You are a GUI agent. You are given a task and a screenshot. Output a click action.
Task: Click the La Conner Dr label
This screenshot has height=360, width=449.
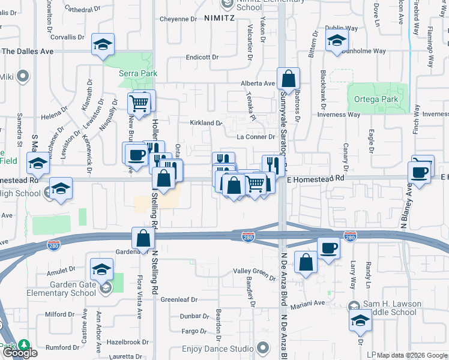coord(255,137)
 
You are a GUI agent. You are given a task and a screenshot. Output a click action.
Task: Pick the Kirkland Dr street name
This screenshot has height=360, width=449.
coord(206,123)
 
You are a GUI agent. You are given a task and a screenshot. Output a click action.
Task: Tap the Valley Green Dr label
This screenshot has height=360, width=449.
coord(254,271)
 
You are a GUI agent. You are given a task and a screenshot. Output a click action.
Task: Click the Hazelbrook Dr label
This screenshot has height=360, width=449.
coord(128,342)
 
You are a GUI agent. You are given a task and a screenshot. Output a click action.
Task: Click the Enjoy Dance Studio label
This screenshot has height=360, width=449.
coord(217,349)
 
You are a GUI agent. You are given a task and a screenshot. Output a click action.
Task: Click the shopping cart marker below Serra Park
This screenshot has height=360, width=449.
coord(139,103)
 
